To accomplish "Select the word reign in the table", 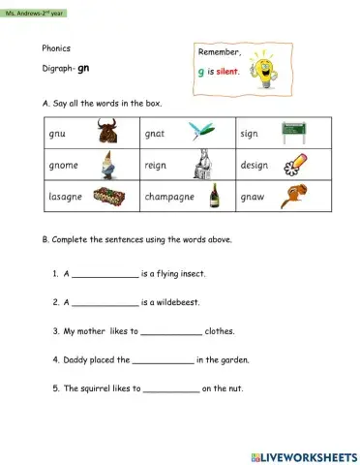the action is coord(156,164).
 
